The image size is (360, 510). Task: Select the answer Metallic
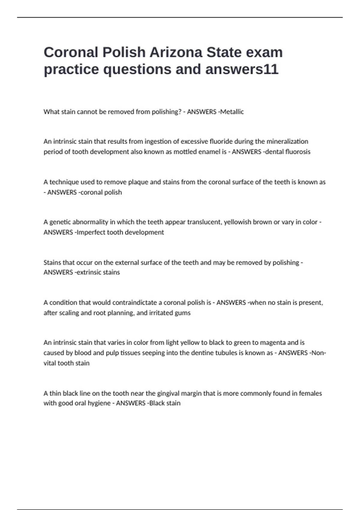click(x=232, y=112)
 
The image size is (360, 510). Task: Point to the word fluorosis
click(x=298, y=152)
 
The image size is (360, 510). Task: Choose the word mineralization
click(x=287, y=141)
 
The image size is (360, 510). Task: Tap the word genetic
click(x=60, y=222)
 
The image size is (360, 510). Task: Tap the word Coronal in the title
click(x=71, y=52)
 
